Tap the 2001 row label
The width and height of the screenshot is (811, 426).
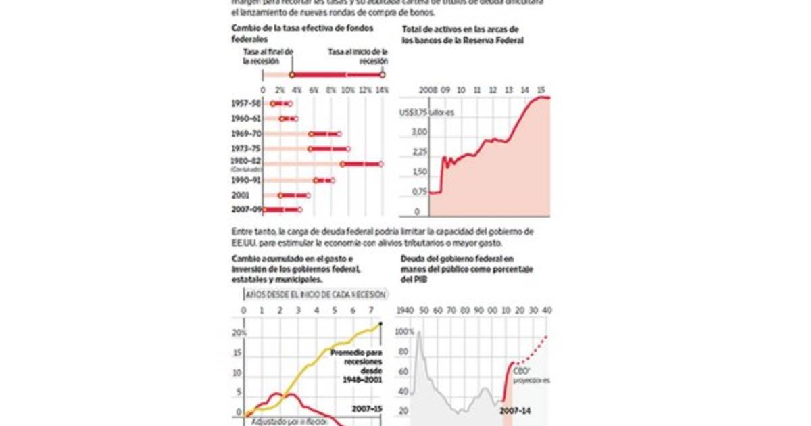click(239, 195)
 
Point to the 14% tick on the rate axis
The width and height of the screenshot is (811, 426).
click(382, 90)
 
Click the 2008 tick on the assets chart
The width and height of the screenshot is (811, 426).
click(428, 90)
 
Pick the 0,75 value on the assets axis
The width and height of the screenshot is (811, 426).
click(419, 192)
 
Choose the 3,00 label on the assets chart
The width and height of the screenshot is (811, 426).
click(419, 133)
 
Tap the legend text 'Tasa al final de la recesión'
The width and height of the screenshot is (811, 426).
click(268, 55)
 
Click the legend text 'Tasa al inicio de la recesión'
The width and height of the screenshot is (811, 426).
click(358, 55)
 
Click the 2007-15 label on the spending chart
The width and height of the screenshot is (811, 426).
click(368, 409)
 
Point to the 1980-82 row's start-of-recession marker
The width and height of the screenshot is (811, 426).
click(381, 164)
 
